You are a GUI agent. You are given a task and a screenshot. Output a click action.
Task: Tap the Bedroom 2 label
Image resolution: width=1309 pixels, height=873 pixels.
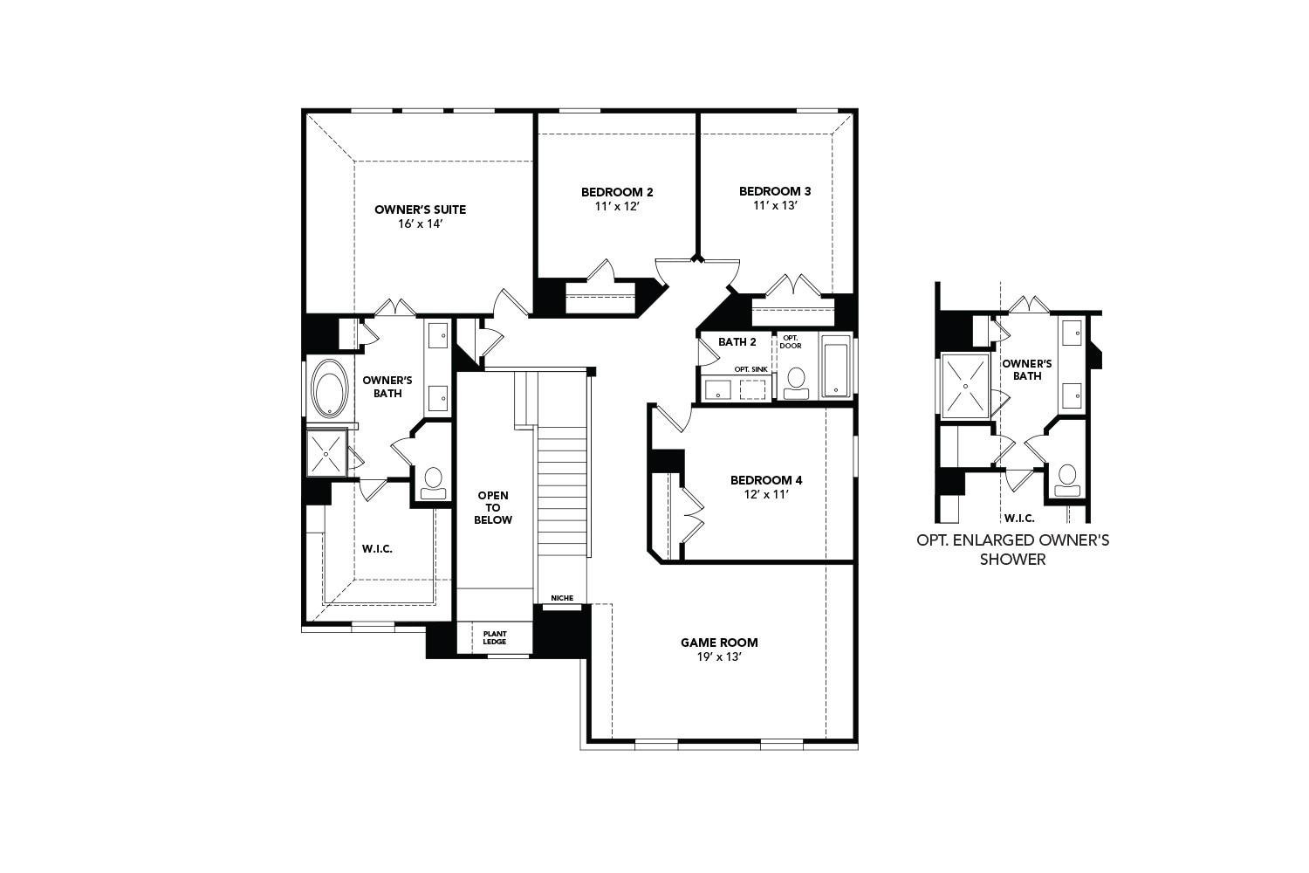click(617, 192)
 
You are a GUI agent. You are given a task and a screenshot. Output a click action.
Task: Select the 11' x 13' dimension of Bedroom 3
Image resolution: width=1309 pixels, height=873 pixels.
click(776, 206)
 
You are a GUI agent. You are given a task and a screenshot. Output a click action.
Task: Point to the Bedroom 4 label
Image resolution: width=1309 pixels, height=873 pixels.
click(765, 480)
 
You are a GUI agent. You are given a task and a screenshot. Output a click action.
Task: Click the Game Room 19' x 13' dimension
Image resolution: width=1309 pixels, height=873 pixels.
click(719, 657)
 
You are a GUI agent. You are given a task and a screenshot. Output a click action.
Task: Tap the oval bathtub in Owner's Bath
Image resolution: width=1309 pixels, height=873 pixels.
click(329, 388)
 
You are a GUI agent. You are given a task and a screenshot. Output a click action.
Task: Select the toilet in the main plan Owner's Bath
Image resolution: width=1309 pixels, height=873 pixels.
click(432, 482)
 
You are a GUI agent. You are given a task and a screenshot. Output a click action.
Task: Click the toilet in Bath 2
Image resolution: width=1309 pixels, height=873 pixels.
click(796, 382)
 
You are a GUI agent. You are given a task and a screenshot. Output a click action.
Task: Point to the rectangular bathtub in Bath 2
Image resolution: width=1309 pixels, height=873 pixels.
click(836, 367)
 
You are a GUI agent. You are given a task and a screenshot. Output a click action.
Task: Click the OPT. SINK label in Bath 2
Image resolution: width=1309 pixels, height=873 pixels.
click(750, 369)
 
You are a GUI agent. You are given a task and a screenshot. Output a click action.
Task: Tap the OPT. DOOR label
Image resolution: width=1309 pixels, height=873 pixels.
click(791, 341)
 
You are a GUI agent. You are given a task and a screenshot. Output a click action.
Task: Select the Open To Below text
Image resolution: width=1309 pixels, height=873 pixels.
click(493, 507)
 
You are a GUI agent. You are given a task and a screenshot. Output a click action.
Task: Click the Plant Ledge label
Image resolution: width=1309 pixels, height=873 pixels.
click(495, 638)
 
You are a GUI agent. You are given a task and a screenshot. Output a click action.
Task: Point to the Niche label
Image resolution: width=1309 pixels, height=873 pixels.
click(562, 598)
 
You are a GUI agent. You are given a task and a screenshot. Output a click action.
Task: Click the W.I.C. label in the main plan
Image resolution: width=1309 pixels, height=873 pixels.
click(377, 548)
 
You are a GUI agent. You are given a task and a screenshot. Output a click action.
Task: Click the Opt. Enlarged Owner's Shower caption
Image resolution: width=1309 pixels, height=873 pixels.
click(1012, 549)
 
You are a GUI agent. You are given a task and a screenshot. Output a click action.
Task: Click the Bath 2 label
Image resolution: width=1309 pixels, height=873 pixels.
click(731, 341)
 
